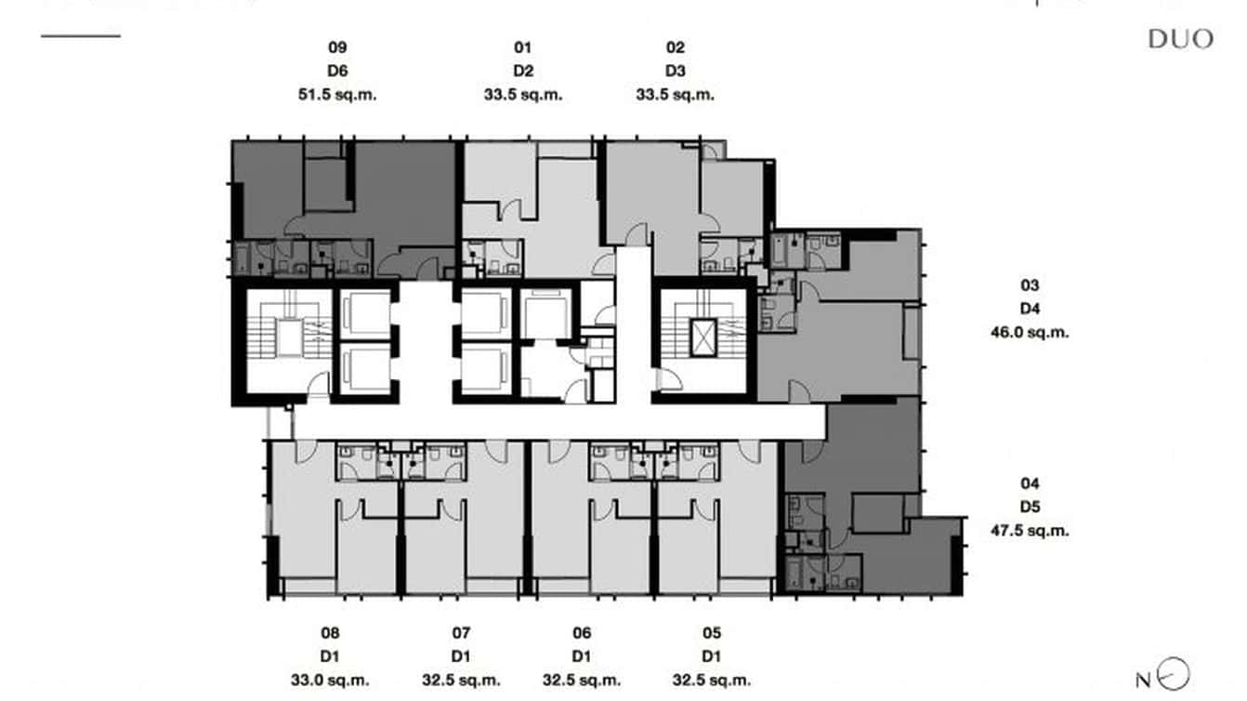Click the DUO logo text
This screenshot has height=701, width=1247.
pos(1180,39)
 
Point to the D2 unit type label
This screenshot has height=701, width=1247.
pos(523,72)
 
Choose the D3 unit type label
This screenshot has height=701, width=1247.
pos(675,72)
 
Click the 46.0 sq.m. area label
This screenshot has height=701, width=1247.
pos(1029,332)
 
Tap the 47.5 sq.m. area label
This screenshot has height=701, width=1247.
pos(1029,531)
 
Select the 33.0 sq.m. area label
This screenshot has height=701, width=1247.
pos(330,680)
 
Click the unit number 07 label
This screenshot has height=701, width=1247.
pos(461,633)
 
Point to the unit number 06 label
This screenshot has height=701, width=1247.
pos(582,633)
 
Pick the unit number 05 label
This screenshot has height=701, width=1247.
pos(712,633)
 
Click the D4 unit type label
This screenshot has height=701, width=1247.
pos(1029,309)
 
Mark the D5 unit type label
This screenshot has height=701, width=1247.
pos(1029,508)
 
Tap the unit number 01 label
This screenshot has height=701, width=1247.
pos(523,47)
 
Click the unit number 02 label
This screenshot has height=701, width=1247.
pos(675,47)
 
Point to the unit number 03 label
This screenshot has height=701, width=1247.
pos(1029,285)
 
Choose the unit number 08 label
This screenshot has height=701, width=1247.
pos(330,633)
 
